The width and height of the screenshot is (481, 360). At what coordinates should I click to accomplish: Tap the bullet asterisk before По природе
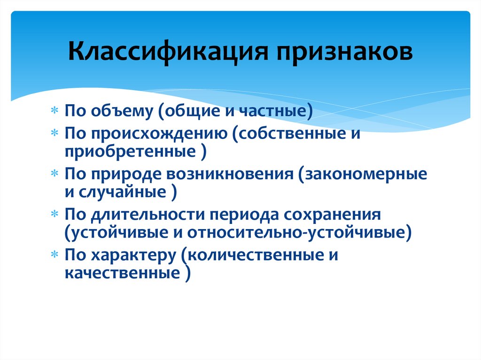(55, 174)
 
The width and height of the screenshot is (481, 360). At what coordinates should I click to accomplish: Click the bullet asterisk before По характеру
(55, 254)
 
